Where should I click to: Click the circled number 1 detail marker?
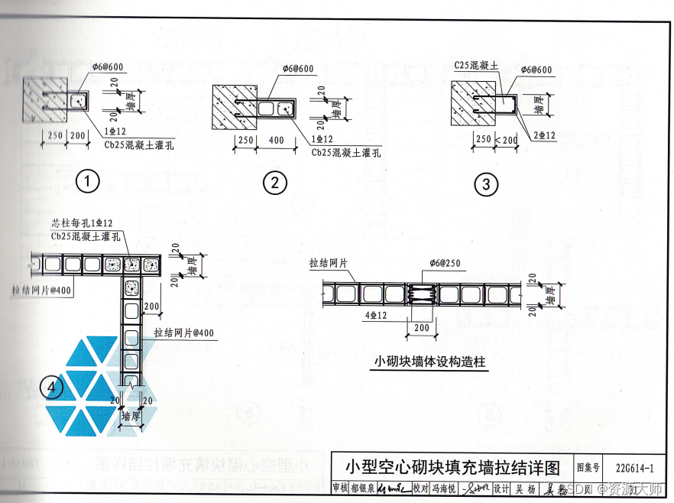click(x=89, y=181)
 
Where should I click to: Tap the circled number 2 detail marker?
click(x=274, y=183)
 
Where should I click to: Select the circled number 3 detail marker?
click(x=485, y=184)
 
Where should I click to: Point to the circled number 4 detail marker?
click(x=52, y=388)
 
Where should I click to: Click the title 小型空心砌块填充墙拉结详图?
click(x=453, y=466)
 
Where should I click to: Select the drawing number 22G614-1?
click(x=633, y=467)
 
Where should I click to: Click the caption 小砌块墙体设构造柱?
click(x=430, y=362)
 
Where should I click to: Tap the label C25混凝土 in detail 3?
click(x=476, y=67)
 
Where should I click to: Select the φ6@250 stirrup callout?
click(x=447, y=264)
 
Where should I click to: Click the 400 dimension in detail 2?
click(x=277, y=141)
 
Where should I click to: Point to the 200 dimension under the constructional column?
click(x=420, y=327)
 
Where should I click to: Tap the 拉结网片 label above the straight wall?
click(x=329, y=263)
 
